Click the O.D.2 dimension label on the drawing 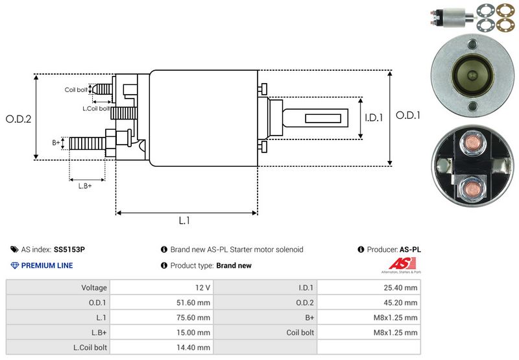click(18, 119)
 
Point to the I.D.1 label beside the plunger click(374, 118)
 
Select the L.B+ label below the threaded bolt click(85, 186)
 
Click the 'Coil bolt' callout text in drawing click(76, 90)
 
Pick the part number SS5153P click(69, 249)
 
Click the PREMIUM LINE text click(47, 265)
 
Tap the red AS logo click(397, 264)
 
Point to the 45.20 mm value click(402, 302)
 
